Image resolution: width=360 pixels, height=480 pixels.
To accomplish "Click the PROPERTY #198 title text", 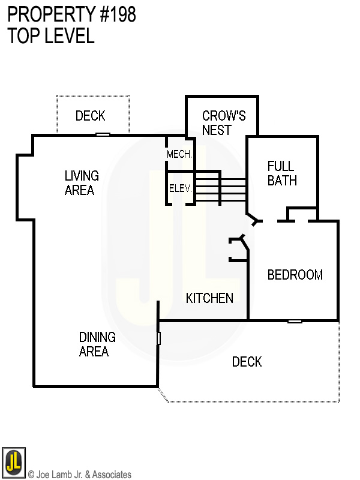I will point(72,15).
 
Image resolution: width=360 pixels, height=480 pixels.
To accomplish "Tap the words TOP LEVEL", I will point(51,36).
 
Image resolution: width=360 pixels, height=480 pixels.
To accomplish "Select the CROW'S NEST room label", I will point(223,122).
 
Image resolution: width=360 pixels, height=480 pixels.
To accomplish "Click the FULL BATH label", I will point(282,173).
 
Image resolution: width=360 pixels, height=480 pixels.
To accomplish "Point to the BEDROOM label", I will point(295,275).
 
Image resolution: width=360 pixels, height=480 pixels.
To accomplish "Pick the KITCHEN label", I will point(209,298).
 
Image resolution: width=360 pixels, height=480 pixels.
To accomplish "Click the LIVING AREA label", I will point(81,183).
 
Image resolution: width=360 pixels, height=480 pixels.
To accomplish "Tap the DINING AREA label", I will point(97,344).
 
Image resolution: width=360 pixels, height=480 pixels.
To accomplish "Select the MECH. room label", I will point(179,154).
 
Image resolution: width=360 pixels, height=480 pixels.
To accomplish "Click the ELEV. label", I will point(180,188).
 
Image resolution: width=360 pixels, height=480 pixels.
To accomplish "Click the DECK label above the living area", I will point(91,116).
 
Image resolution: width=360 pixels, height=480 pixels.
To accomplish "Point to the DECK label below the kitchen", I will point(247,361).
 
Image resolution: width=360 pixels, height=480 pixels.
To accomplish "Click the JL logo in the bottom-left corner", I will point(13,461).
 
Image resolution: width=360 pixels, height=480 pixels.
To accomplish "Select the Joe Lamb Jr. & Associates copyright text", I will point(80,475).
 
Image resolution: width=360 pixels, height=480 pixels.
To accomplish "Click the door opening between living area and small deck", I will point(103,134).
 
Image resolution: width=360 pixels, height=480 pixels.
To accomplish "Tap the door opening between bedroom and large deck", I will point(294,321).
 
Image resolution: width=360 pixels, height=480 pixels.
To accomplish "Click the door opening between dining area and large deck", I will point(158,338).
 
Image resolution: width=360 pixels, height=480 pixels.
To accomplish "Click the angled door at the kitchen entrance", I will point(243,244).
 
